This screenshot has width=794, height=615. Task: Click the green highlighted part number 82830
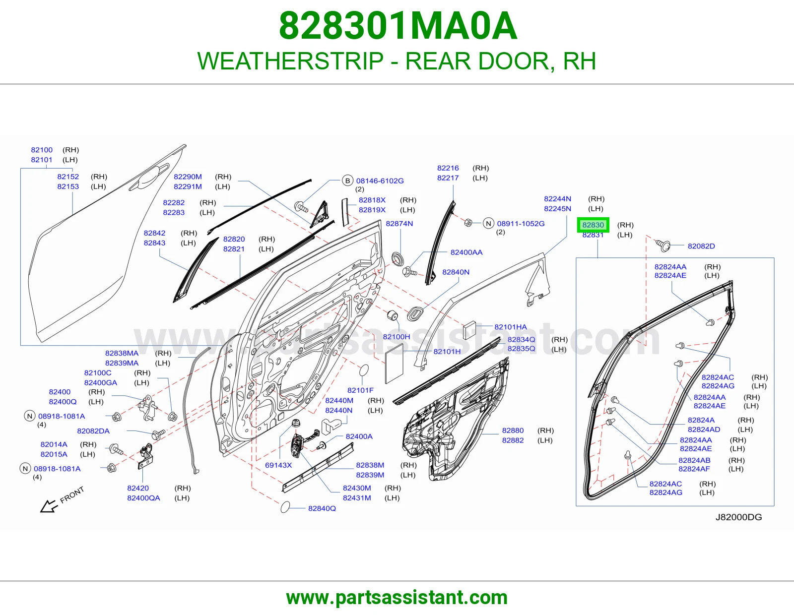tap(593, 225)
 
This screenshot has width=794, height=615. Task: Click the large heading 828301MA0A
tap(397, 26)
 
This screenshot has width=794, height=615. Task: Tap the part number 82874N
tap(399, 224)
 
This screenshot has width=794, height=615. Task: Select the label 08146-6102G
tap(380, 181)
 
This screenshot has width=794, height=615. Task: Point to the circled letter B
tap(347, 181)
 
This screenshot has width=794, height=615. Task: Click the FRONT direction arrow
tap(49, 506)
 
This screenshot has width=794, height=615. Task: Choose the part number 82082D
tap(701, 246)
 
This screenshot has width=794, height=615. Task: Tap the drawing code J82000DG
tap(738, 517)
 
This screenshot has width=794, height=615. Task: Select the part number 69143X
tap(278, 465)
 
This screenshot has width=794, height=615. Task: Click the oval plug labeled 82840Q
tap(285, 507)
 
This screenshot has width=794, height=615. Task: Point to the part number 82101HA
tap(511, 327)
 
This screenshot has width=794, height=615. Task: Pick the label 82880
tap(513, 430)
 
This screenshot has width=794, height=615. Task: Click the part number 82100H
tap(396, 337)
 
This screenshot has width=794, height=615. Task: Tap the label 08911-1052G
tap(521, 224)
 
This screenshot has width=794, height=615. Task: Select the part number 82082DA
tap(93, 431)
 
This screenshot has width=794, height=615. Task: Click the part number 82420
tap(138, 488)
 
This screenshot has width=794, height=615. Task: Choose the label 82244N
tap(557, 199)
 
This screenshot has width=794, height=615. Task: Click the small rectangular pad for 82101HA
tap(469, 330)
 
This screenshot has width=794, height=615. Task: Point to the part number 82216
tap(448, 168)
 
